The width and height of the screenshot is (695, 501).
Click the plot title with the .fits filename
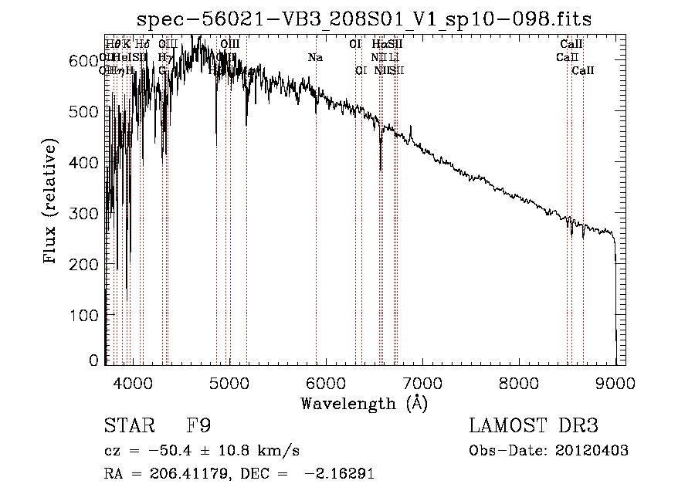pyautogui.click(x=364, y=19)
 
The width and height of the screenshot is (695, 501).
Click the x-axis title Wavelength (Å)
pyautogui.click(x=364, y=403)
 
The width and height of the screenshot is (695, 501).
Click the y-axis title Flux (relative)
pyautogui.click(x=51, y=202)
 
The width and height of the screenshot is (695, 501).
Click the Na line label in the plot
pyautogui.click(x=315, y=58)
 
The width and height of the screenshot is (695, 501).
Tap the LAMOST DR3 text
pyautogui.click(x=534, y=426)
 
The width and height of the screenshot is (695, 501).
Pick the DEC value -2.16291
pyautogui.click(x=341, y=474)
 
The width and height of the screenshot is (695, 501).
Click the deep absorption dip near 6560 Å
pyautogui.click(x=380, y=158)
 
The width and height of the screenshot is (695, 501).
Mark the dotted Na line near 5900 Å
pyautogui.click(x=316, y=232)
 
